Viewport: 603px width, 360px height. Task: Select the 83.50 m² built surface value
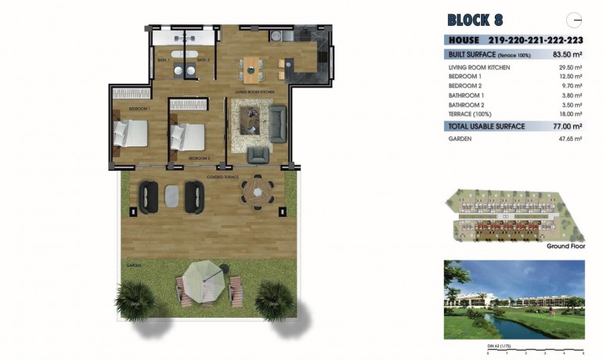point(568,55)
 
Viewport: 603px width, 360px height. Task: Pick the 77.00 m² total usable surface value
point(568,125)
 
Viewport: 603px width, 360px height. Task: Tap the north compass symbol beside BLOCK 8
point(576,20)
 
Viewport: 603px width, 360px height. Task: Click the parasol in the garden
point(203,277)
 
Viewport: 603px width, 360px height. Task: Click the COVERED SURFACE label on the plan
point(222,178)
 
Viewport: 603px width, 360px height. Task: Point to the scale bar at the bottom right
point(536,349)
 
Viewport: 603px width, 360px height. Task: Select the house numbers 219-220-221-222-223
point(536,40)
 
